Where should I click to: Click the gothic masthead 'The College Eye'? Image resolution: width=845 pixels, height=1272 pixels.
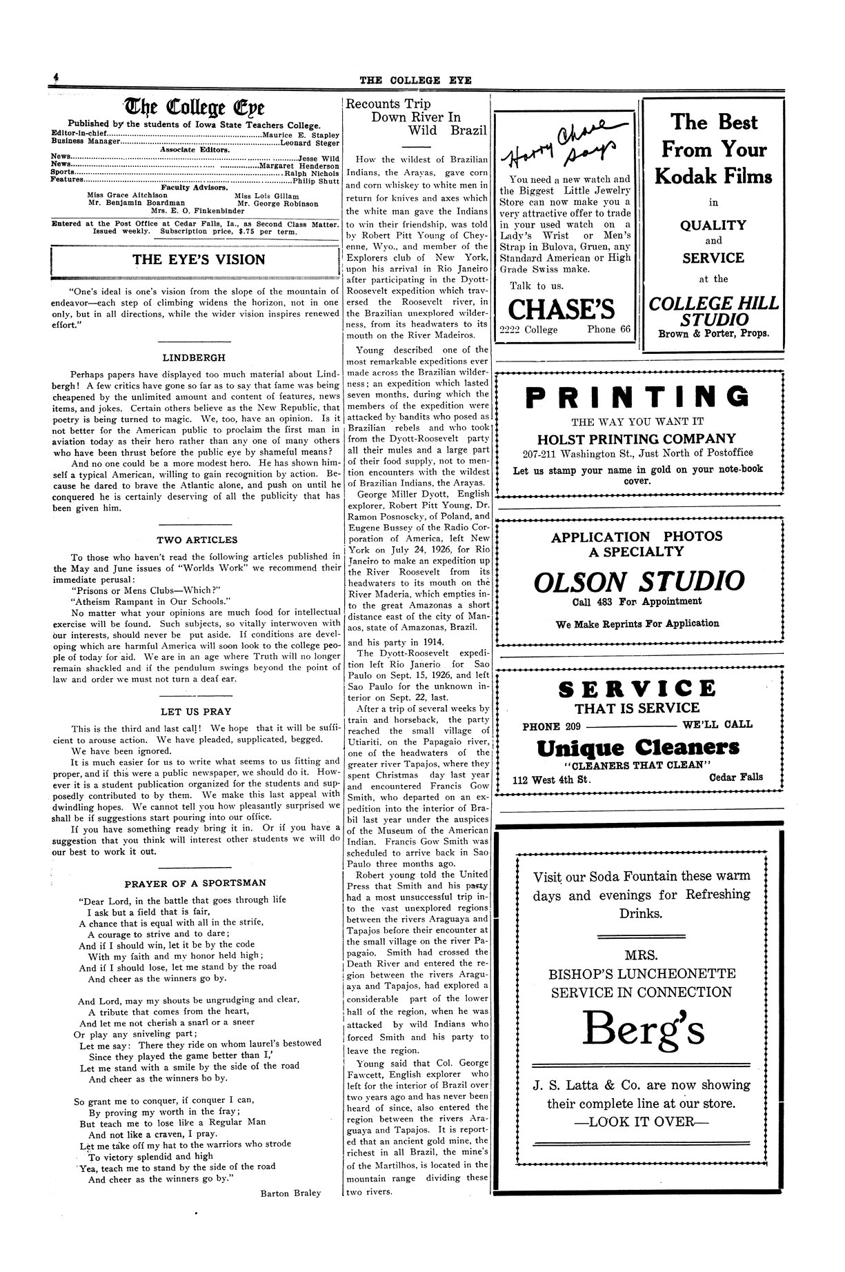195,108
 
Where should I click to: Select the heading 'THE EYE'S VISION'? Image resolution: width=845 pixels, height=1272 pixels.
199,260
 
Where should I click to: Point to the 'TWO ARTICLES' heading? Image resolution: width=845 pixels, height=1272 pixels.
197,539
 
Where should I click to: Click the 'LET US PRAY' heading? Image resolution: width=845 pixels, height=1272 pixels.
197,711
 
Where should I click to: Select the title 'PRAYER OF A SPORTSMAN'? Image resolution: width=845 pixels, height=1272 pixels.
195,883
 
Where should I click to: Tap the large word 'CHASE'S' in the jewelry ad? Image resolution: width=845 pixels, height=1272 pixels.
563,309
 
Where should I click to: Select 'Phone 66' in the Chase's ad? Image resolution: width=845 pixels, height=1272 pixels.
609,329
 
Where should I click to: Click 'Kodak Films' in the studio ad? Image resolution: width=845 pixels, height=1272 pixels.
713,177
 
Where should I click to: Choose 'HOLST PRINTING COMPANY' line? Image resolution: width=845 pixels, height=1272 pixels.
637,438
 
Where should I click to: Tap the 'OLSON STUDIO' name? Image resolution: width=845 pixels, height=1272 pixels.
639,581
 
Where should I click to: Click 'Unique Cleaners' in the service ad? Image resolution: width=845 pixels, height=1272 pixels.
637,747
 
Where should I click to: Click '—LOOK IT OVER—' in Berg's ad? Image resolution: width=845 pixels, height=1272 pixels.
641,1121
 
